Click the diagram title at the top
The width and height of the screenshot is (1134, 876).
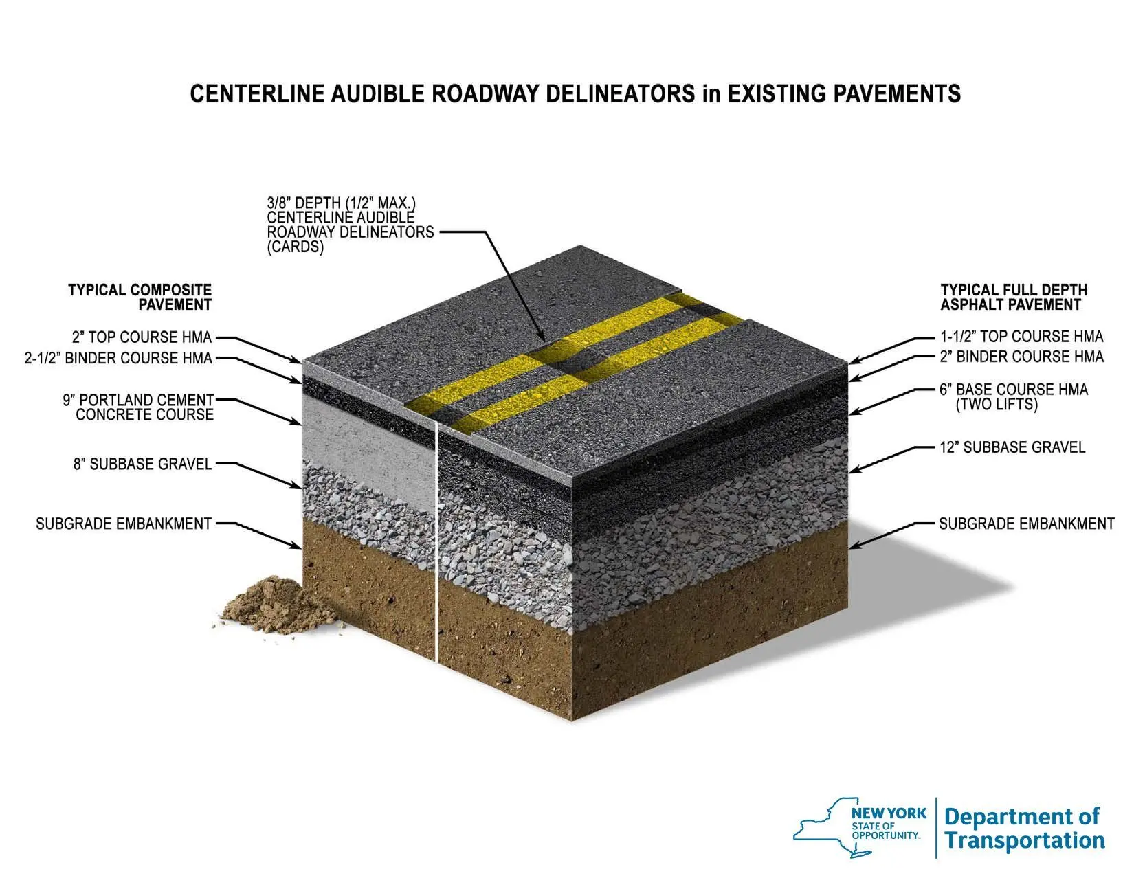pyautogui.click(x=575, y=94)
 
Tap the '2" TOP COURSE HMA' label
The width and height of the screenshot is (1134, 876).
pyautogui.click(x=142, y=337)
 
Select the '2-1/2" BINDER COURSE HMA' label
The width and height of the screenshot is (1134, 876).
pyautogui.click(x=118, y=359)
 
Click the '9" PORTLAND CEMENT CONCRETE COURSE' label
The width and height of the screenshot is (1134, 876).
pyautogui.click(x=138, y=407)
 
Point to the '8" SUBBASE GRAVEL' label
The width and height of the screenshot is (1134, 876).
pyautogui.click(x=142, y=464)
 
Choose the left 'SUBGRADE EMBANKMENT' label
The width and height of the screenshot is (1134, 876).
pyautogui.click(x=124, y=524)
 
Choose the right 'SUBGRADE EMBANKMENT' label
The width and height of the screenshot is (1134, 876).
pyautogui.click(x=1027, y=524)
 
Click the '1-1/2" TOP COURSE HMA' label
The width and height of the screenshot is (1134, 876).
pyautogui.click(x=1022, y=337)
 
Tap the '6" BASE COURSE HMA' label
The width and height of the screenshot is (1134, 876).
pyautogui.click(x=1014, y=396)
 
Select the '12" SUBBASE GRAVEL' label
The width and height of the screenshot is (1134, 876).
pyautogui.click(x=1012, y=448)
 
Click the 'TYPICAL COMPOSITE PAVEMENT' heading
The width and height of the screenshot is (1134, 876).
pyautogui.click(x=140, y=297)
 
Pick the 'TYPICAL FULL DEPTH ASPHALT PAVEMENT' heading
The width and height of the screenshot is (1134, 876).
pyautogui.click(x=1014, y=297)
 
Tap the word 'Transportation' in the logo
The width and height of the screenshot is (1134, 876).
pyautogui.click(x=1025, y=840)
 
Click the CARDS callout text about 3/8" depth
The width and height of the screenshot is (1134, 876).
pyautogui.click(x=351, y=225)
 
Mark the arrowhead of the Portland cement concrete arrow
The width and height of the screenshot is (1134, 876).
pyautogui.click(x=298, y=422)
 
